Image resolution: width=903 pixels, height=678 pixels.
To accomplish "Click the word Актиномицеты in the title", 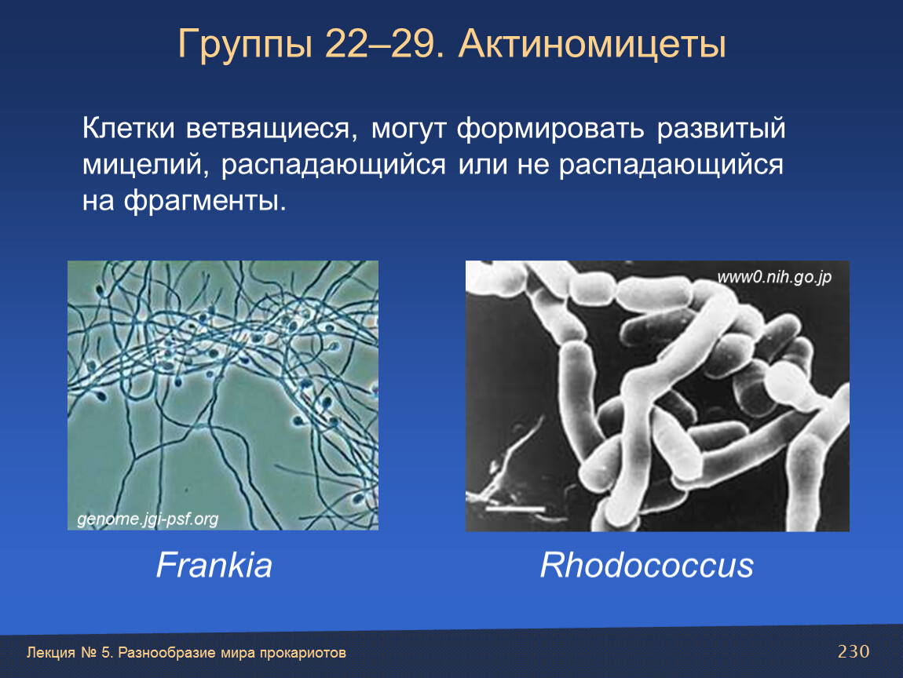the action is pyautogui.click(x=592, y=44).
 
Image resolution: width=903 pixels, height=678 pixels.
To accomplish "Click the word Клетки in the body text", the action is pyautogui.click(x=129, y=128).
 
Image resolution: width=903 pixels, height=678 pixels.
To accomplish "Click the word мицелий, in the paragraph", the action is pyautogui.click(x=146, y=166).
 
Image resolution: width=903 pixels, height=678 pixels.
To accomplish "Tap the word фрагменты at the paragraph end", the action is pyautogui.click(x=204, y=202).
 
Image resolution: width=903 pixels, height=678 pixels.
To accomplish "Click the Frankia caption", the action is pyautogui.click(x=214, y=565).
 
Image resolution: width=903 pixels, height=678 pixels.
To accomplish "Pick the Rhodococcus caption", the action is pyautogui.click(x=647, y=565).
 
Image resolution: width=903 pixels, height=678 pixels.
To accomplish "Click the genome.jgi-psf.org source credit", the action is pyautogui.click(x=148, y=519).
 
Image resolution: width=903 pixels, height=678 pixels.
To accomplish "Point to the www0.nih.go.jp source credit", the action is pyautogui.click(x=774, y=278).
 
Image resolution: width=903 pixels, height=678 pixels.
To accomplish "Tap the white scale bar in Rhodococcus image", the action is pyautogui.click(x=514, y=508).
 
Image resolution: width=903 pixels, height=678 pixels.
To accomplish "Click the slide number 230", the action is pyautogui.click(x=854, y=651).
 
